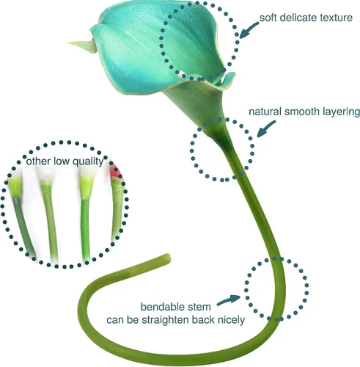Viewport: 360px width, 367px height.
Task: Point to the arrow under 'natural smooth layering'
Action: coord(265,129)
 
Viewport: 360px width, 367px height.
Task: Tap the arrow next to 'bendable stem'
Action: coord(229,300)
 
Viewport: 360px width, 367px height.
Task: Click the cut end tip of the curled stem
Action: coord(168,259)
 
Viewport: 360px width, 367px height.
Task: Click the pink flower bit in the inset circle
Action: coord(115,170)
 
